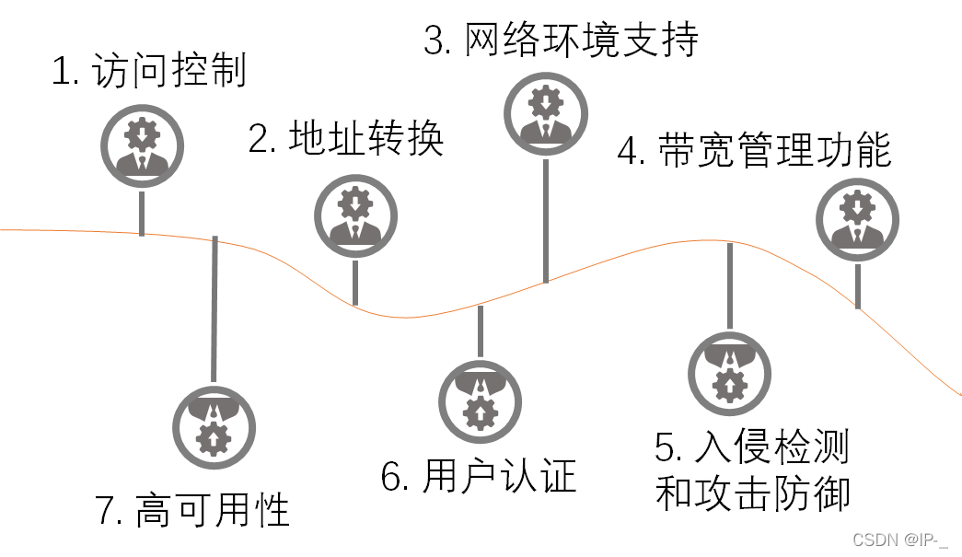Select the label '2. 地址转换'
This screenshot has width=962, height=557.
(346, 139)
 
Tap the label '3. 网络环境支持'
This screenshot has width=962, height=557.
(561, 41)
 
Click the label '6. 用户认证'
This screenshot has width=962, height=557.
(479, 477)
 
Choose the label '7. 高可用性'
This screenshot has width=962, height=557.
(193, 510)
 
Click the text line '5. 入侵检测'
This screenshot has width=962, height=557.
(752, 448)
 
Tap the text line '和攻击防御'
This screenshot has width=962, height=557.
(752, 493)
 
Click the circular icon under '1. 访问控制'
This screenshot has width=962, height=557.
(142, 145)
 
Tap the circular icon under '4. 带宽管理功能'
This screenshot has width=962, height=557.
(858, 220)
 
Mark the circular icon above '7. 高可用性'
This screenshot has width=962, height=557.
(214, 426)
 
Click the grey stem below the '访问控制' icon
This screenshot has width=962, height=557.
(142, 213)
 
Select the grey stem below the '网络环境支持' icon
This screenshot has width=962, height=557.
(546, 219)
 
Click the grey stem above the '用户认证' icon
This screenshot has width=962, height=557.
(480, 331)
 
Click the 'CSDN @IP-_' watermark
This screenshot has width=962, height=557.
(900, 540)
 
